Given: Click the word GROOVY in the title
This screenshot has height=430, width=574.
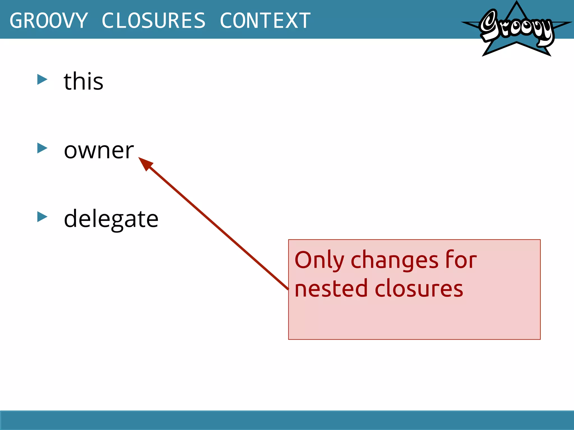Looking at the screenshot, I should tap(49, 20).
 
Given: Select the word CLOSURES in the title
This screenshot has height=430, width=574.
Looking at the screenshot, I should tap(154, 20).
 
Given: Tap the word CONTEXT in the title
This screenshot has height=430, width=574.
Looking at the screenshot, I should tap(265, 20).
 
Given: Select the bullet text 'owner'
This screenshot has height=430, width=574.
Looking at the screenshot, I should tap(99, 150).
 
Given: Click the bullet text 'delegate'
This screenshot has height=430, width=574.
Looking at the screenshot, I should tap(111, 219).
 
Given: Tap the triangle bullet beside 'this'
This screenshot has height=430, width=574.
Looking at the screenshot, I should tap(42, 80).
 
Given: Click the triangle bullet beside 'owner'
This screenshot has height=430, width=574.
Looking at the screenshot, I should tap(42, 148).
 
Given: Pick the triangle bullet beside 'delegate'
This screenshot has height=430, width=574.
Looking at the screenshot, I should tap(42, 217).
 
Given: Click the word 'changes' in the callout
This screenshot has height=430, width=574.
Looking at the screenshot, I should tap(394, 260).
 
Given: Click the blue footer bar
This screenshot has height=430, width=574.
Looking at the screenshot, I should tap(287, 420).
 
